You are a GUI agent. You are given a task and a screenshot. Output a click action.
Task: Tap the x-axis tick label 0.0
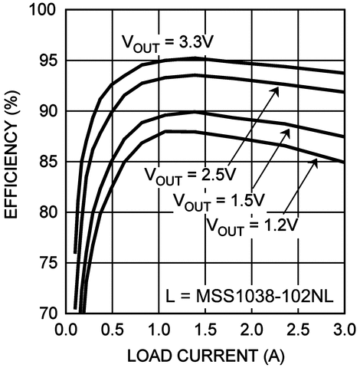[67, 330]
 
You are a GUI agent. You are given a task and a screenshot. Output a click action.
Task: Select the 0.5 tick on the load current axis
[113, 330]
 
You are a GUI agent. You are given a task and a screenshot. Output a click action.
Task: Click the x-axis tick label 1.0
[159, 330]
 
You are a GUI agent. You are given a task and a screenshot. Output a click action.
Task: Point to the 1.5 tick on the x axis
[205, 330]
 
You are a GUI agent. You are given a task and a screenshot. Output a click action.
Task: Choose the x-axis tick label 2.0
[252, 330]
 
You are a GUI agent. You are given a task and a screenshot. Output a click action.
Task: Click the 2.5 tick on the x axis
[298, 330]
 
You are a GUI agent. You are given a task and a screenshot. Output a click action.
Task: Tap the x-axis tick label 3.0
[342, 330]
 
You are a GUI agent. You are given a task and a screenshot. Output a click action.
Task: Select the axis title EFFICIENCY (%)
[14, 161]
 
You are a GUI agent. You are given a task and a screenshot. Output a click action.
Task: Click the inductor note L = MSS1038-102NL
[251, 295]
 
